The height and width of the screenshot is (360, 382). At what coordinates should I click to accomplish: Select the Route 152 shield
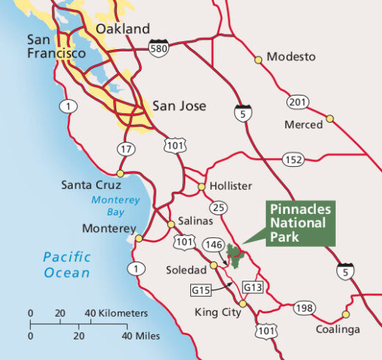coord(293,159)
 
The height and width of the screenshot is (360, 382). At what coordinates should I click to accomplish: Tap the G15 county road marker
coord(201,290)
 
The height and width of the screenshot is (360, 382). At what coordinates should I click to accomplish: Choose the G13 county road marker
coord(251,287)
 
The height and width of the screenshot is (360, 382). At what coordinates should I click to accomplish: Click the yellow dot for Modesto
coord(258,59)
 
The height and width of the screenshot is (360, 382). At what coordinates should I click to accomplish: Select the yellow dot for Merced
coord(330,118)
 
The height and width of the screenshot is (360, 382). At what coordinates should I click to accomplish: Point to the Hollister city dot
coord(201,187)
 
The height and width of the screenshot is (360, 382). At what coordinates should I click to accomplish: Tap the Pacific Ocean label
coord(66,264)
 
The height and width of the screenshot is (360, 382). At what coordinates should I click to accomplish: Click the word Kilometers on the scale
coord(119,313)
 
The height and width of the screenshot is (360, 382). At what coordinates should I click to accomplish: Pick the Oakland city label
coord(123,29)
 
